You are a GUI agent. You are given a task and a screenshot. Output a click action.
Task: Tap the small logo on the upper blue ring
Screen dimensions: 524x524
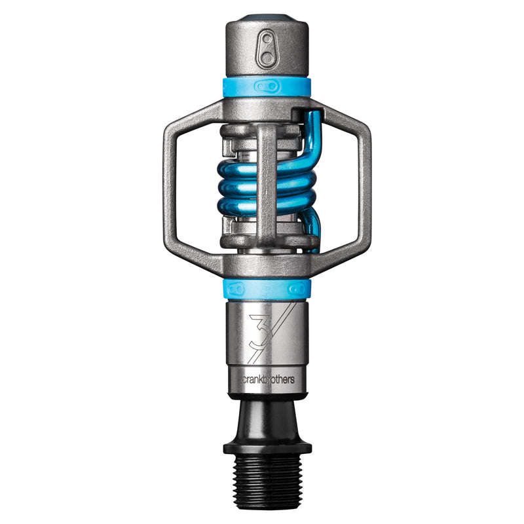267,86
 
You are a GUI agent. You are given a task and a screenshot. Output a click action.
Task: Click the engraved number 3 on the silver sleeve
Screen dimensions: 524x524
258,329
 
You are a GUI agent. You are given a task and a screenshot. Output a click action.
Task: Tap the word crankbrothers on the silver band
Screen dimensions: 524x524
267,379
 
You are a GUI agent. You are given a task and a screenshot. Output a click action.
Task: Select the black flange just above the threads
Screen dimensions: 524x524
267,447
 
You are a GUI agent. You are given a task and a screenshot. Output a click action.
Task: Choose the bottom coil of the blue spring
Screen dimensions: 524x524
236,207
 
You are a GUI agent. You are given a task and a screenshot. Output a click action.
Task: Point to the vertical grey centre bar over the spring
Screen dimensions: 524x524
267,183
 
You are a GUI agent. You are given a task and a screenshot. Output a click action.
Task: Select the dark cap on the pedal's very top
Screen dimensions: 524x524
267,18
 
